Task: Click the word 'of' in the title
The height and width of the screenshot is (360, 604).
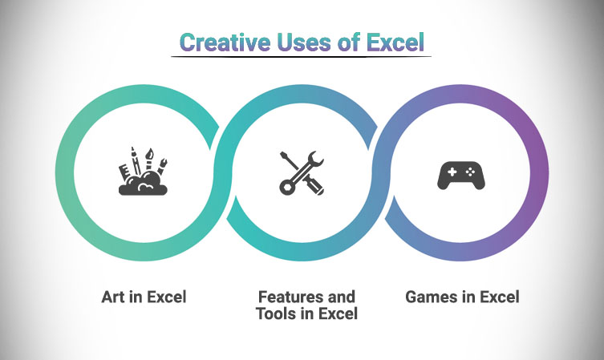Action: (349, 42)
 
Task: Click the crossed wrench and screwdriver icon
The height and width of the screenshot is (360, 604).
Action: (302, 173)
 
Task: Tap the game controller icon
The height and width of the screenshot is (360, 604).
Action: (461, 175)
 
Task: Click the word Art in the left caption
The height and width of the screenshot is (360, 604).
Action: (113, 297)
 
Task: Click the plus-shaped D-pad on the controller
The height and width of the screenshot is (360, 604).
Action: (452, 172)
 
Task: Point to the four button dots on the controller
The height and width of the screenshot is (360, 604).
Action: (470, 172)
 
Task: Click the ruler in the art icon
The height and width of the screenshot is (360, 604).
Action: (125, 172)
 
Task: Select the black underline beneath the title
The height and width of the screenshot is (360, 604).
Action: (302, 57)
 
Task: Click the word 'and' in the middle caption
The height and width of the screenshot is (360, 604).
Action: (341, 297)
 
